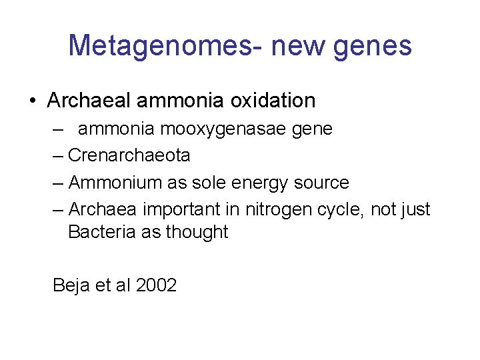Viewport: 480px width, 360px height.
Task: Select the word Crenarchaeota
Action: pos(129,155)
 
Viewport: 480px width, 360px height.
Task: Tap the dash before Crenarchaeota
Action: pos(59,155)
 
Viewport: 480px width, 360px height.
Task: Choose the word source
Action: pos(321,183)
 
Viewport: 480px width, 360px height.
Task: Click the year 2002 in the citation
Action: pos(155,285)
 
